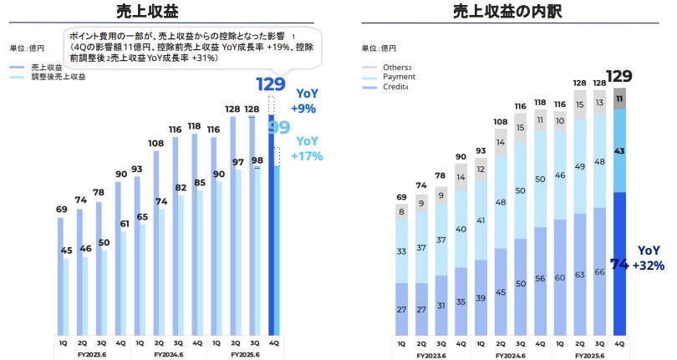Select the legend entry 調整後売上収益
pos(61,77)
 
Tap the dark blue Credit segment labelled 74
pos(619,263)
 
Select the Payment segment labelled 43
pos(619,150)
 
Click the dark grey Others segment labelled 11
pos(619,99)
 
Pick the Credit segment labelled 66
pos(599,271)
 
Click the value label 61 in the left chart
pos(125,223)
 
